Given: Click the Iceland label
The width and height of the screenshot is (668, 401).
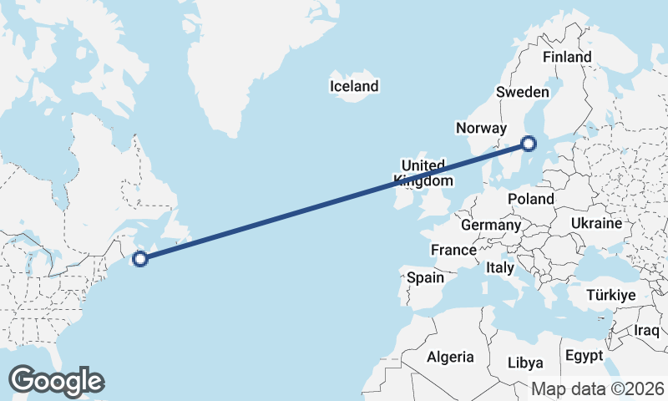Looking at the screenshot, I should (354, 86).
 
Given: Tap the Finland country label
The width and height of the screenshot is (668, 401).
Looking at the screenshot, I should (567, 57).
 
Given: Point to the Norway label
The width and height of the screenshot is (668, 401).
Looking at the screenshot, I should (481, 128).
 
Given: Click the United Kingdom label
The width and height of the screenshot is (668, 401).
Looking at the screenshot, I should (425, 173).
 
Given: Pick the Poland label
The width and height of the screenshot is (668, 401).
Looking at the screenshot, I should (531, 199).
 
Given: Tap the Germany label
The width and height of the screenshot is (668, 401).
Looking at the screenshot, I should (491, 225).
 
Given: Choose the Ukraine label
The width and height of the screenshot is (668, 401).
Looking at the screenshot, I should (596, 223).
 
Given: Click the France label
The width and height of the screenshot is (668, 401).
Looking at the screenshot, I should (453, 250).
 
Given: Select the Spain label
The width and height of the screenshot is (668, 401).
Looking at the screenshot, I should (424, 277).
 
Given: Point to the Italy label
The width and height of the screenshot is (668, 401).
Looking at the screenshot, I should (499, 268).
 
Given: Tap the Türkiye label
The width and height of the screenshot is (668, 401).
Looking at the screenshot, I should (611, 296).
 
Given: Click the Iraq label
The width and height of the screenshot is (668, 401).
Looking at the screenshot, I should (647, 330).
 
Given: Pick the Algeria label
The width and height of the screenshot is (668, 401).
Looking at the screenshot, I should (450, 357).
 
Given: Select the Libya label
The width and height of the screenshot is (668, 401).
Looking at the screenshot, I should (526, 363).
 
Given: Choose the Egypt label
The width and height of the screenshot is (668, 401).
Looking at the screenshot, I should (584, 356).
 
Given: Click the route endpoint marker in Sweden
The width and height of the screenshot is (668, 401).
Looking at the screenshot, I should (529, 144).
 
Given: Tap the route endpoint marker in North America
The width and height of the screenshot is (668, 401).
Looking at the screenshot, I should (140, 258).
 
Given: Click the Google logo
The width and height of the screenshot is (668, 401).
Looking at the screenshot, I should (56, 381).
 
